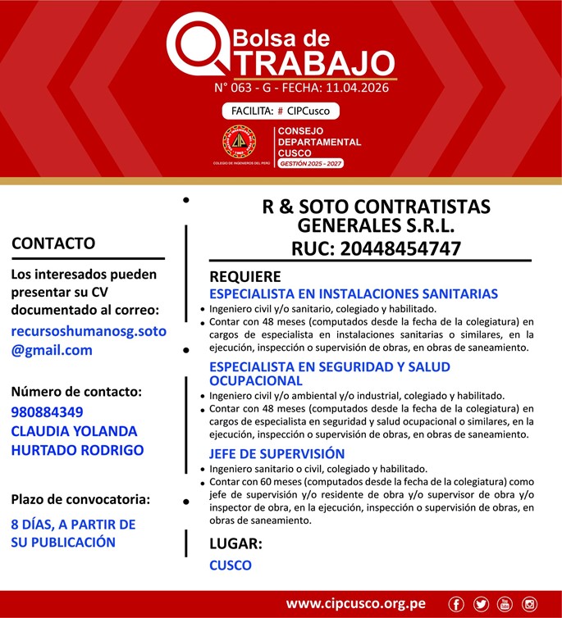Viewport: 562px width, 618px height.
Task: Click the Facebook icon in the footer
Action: pos(457,604)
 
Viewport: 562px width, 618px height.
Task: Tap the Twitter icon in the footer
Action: pos(481,604)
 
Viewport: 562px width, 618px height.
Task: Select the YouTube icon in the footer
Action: pos(505,604)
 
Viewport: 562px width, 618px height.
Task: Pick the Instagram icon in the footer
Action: pos(529,604)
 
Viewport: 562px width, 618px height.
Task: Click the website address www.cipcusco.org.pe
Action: pos(355,604)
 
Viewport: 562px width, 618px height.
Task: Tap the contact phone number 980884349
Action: pos(48,412)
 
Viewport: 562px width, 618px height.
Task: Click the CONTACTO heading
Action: pos(53,243)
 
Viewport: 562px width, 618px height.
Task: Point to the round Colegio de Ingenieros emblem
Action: pos(240,143)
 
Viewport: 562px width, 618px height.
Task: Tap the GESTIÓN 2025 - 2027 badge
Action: pos(310,164)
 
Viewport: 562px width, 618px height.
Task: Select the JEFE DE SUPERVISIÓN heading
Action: pos(276,453)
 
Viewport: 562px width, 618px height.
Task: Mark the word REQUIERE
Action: pos(244,276)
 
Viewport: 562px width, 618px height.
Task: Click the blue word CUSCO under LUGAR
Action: pos(231,565)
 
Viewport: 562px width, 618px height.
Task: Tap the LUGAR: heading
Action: pos(235,543)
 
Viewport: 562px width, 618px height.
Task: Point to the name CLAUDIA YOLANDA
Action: pos(74,431)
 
